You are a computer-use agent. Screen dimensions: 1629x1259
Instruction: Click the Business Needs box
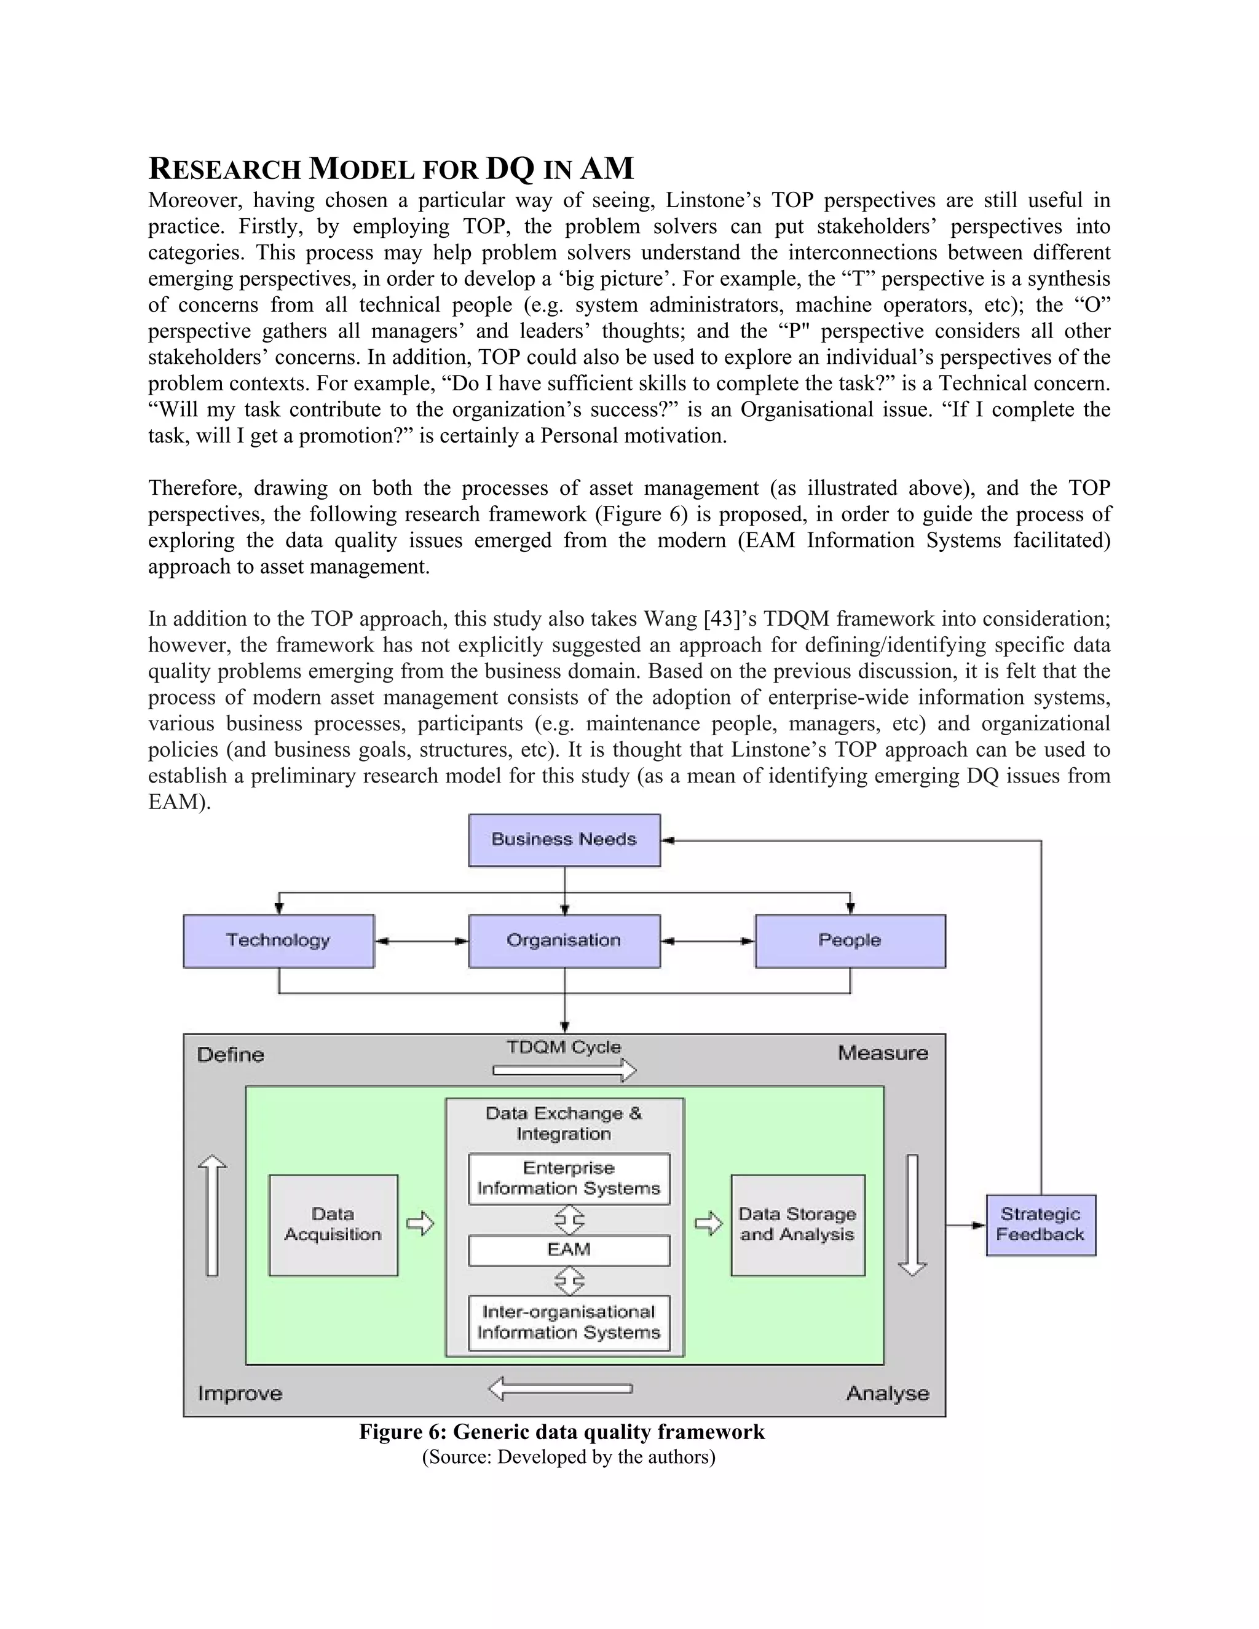click(564, 840)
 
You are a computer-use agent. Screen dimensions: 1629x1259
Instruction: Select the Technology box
click(278, 941)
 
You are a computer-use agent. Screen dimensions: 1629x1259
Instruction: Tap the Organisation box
click(564, 941)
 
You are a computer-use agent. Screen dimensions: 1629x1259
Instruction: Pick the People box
click(850, 941)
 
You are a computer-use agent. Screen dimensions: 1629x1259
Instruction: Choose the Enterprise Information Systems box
click(569, 1178)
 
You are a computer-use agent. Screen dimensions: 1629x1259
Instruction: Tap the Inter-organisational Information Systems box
click(569, 1322)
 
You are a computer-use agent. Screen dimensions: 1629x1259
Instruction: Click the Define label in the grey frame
click(231, 1055)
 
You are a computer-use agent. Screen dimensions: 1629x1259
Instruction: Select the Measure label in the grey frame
click(882, 1053)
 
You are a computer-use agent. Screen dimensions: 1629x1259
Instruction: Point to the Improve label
click(239, 1394)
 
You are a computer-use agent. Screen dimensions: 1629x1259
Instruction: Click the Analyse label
click(887, 1394)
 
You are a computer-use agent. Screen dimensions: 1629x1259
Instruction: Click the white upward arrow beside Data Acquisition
click(213, 1214)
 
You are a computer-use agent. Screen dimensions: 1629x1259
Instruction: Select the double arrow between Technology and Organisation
click(421, 941)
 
